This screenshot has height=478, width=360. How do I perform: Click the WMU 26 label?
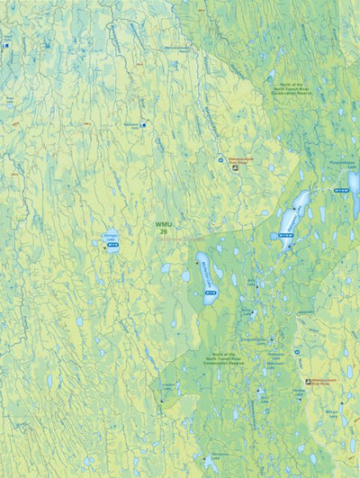click(x=163, y=227)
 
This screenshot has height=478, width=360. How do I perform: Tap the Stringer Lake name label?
click(x=111, y=236)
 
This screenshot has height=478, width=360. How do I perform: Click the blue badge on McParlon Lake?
click(x=211, y=293)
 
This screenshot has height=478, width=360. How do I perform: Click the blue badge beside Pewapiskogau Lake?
click(x=341, y=191)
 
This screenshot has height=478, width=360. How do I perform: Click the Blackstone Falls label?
click(x=131, y=125)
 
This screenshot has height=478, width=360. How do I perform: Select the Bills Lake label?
click(x=235, y=280)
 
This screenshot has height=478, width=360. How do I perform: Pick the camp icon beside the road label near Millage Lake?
click(x=309, y=381)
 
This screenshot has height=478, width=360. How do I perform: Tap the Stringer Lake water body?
click(x=111, y=242)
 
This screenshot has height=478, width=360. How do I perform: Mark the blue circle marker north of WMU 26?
click(x=220, y=160)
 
